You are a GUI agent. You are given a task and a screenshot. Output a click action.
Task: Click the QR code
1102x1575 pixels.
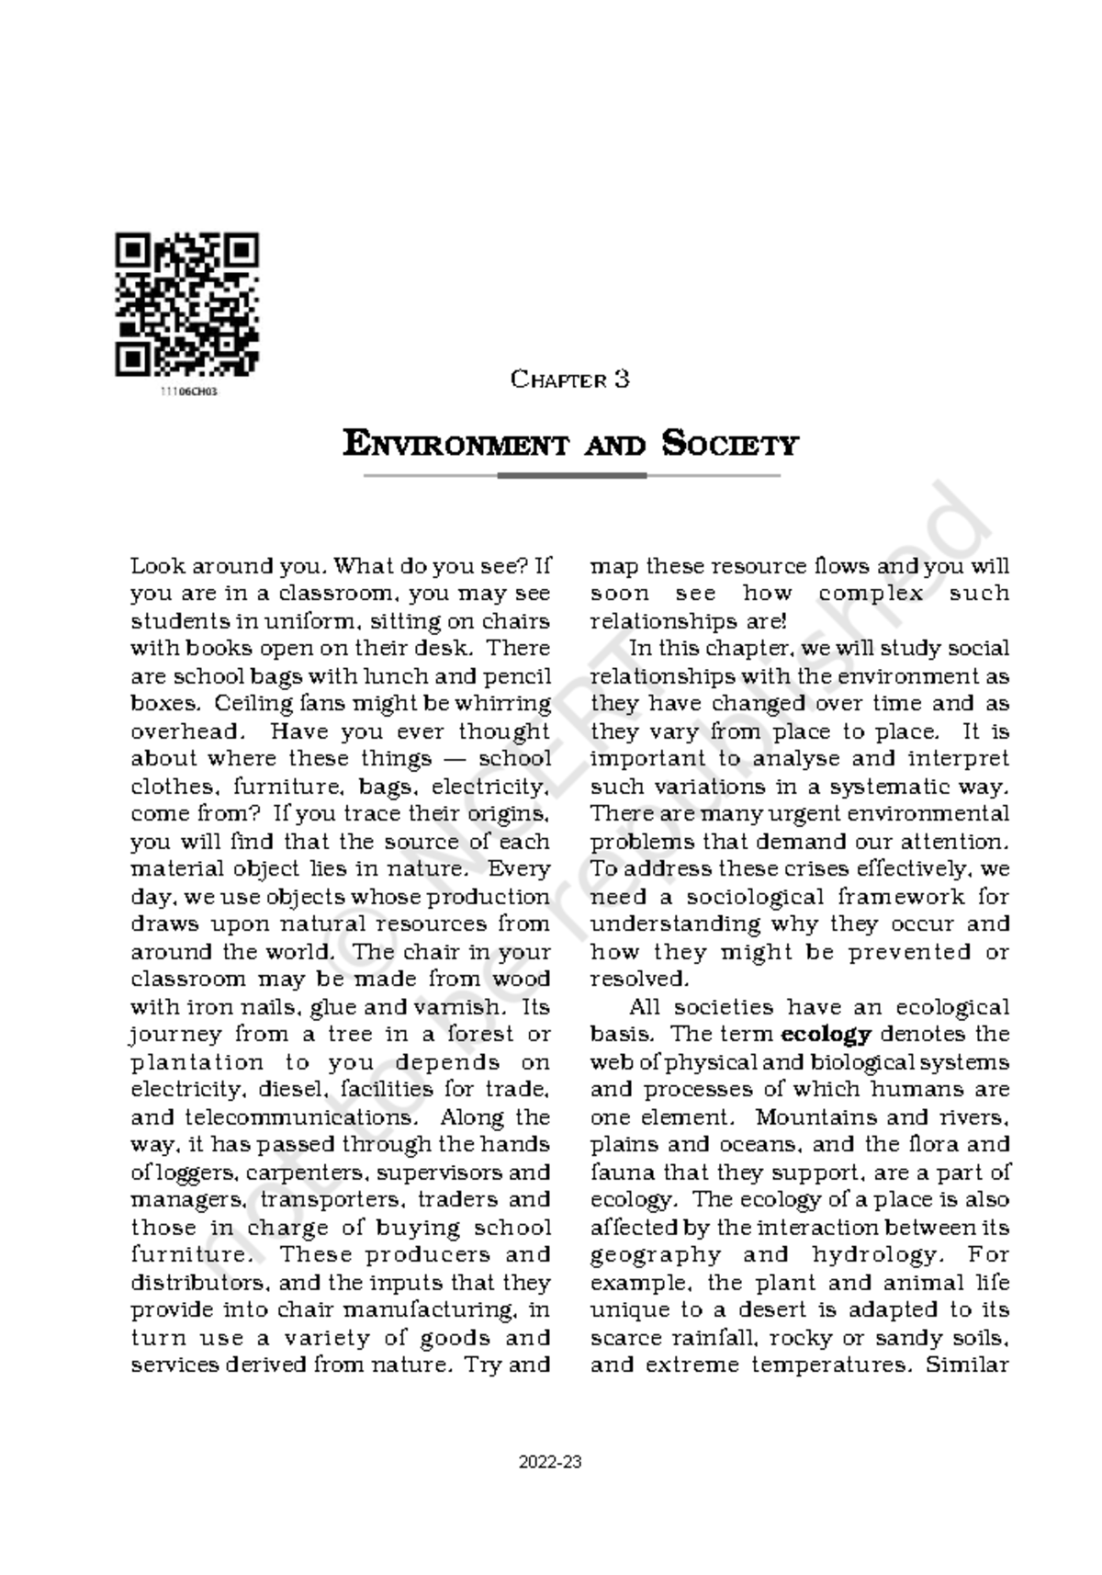(x=186, y=304)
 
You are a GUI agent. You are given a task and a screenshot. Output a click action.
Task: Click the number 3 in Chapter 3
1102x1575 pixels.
(x=622, y=380)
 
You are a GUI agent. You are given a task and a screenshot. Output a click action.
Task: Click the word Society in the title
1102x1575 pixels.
(x=730, y=445)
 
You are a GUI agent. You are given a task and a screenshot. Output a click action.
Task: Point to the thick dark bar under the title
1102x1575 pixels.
(x=571, y=476)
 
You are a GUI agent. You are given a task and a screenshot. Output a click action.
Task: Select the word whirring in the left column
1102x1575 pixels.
(x=510, y=704)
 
